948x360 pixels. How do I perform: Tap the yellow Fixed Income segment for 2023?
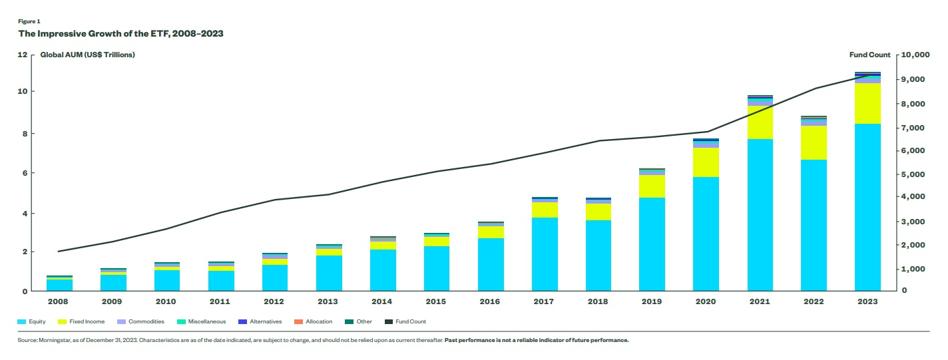(x=868, y=103)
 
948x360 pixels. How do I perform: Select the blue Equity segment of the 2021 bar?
(x=760, y=215)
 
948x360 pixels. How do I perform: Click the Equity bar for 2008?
(x=59, y=285)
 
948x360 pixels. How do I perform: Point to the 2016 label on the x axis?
(x=492, y=301)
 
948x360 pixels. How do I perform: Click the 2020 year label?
(x=706, y=301)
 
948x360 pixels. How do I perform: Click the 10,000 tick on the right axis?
(x=915, y=54)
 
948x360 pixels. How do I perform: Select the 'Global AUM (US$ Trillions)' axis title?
(x=88, y=54)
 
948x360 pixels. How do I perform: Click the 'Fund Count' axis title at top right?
(x=870, y=54)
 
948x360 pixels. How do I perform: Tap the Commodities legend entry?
(x=141, y=322)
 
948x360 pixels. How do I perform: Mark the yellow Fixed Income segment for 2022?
(x=814, y=143)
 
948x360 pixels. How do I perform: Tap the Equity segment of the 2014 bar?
(x=384, y=270)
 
